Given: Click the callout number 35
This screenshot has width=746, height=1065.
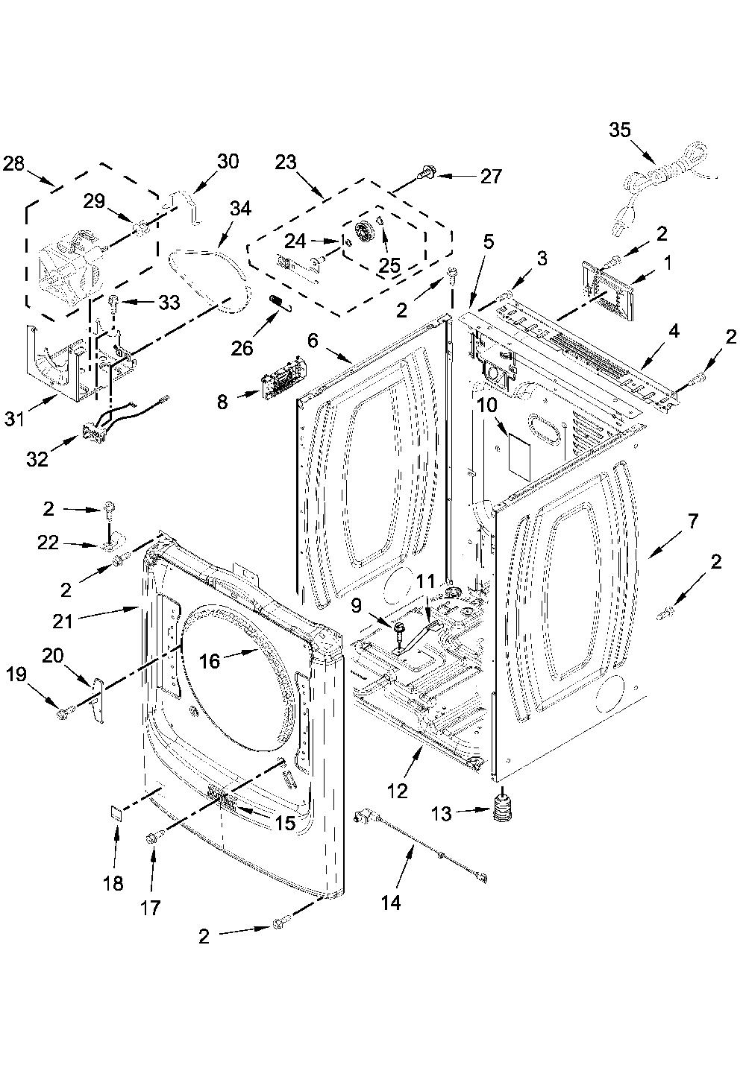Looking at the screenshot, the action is [x=619, y=130].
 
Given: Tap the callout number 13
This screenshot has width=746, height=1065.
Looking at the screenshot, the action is [x=442, y=814].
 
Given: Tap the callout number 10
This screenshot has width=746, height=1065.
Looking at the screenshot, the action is [x=487, y=405].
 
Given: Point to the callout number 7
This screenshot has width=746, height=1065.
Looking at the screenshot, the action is [x=692, y=522].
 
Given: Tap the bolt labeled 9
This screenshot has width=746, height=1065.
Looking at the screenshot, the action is [x=399, y=632].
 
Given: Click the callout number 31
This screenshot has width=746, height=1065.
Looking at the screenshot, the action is [x=15, y=420].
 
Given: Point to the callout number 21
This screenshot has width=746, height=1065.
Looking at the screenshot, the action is [x=63, y=621].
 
